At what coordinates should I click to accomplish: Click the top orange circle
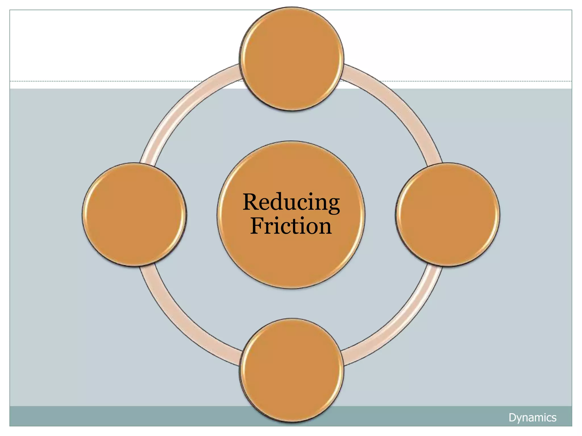coord(292,59)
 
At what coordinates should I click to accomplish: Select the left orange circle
coord(134,214)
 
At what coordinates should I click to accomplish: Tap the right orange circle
coord(448,214)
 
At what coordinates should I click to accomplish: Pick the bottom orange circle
coord(292,370)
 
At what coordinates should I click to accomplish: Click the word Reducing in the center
coord(291,202)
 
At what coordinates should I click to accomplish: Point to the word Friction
coord(291,226)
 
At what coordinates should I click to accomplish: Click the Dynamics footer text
coord(532,418)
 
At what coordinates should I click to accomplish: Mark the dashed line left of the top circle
coord(114,81)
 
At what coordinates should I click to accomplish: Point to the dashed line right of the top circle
coord(469,81)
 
